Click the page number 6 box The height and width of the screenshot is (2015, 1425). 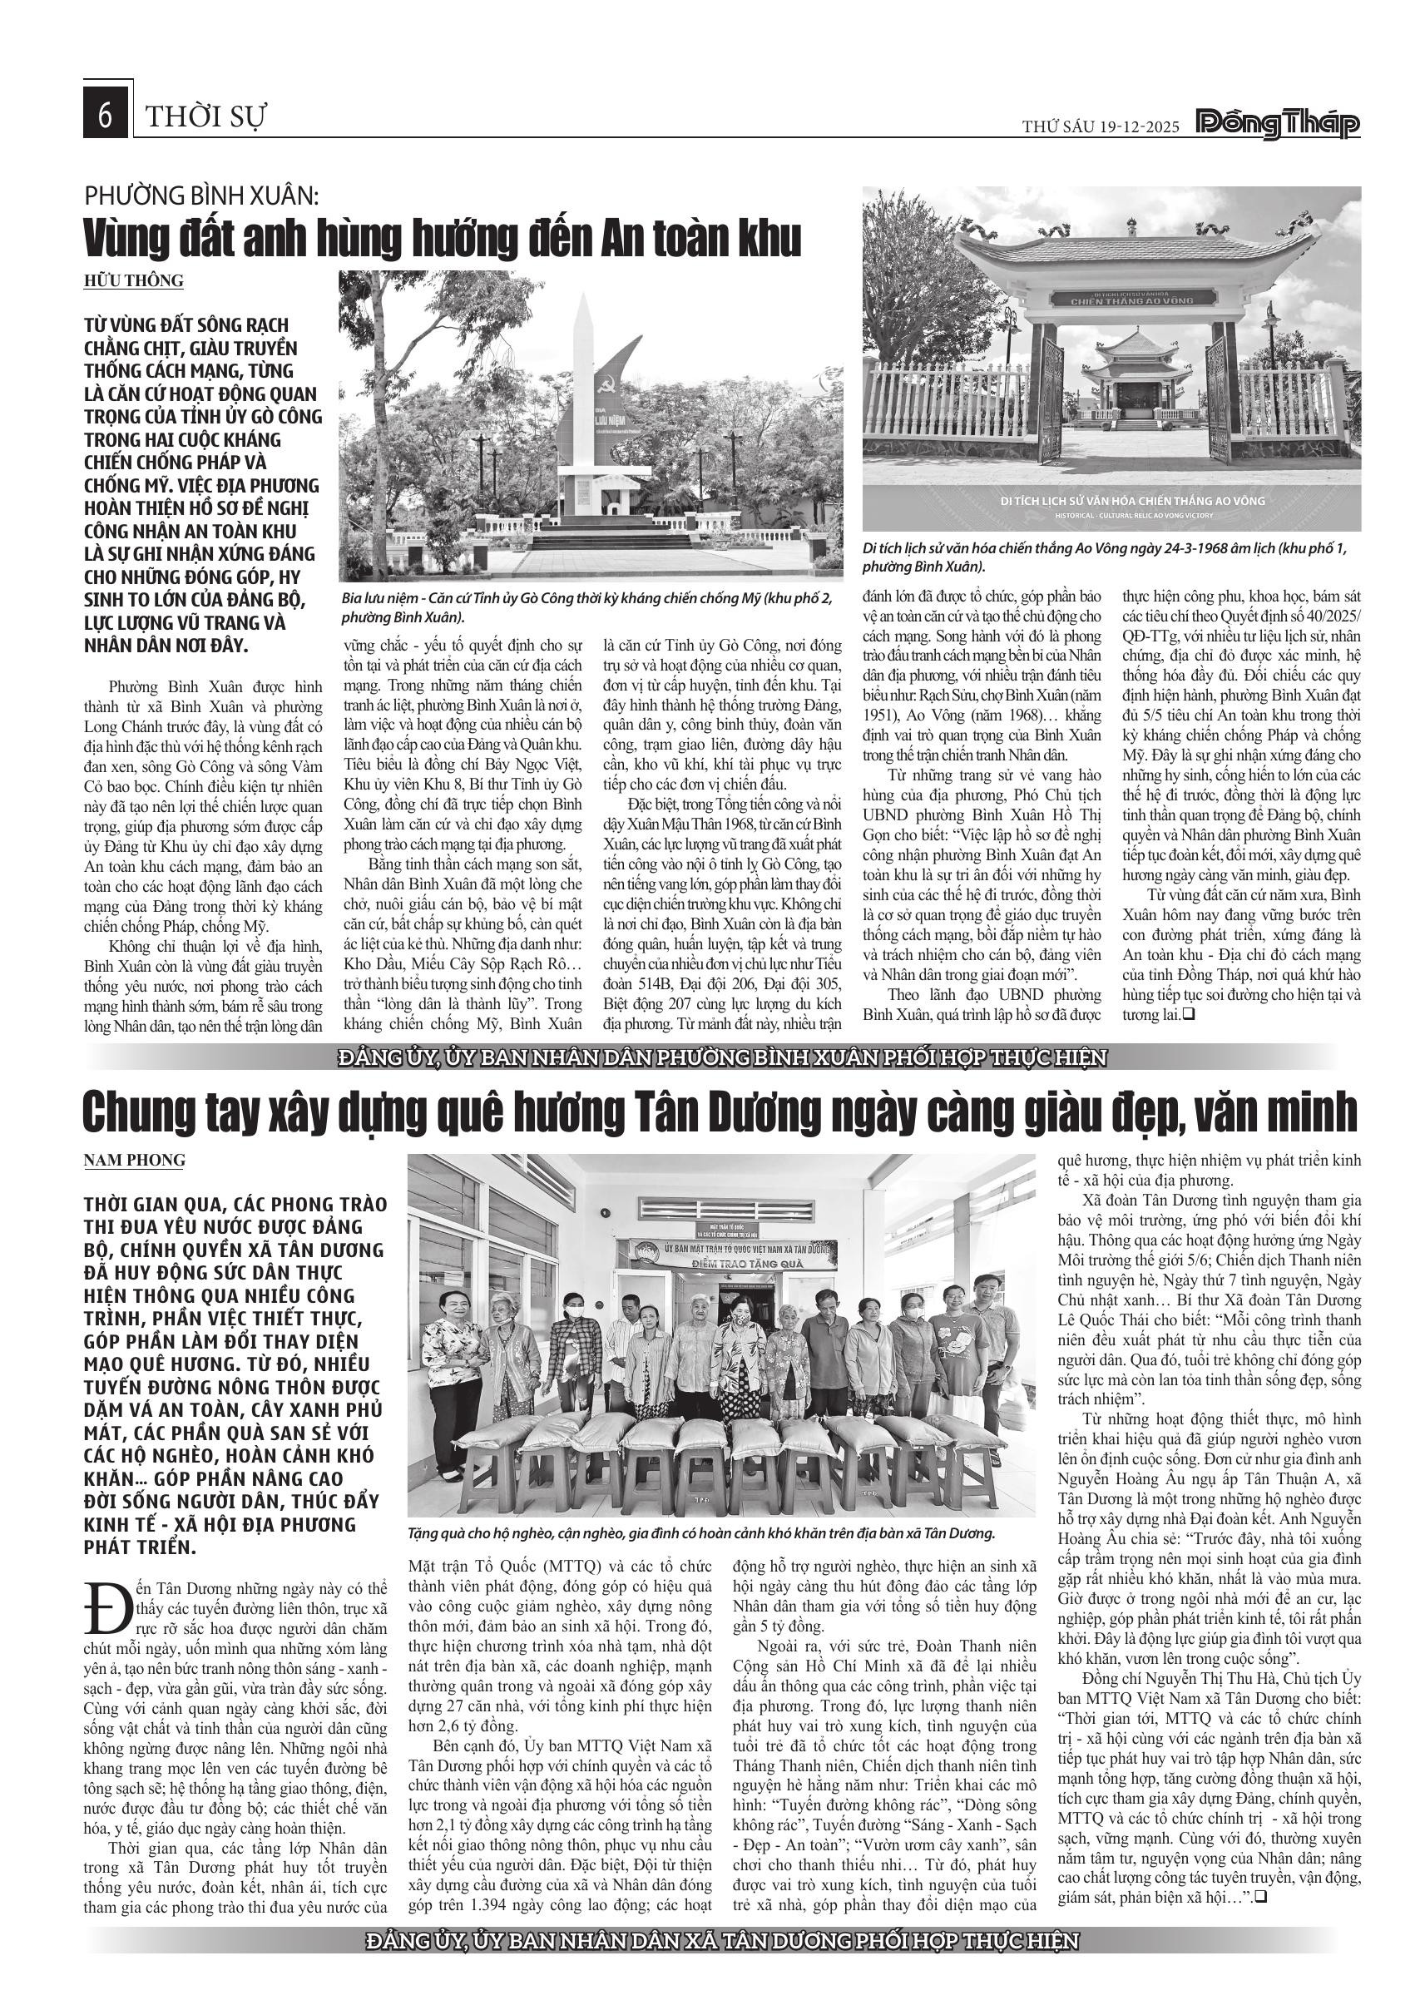106,115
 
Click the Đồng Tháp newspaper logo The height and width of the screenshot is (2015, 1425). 1279,124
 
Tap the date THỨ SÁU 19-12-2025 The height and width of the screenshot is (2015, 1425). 1101,126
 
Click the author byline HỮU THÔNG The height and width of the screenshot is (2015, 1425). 133,281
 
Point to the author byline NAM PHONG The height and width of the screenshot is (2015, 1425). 134,1161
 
